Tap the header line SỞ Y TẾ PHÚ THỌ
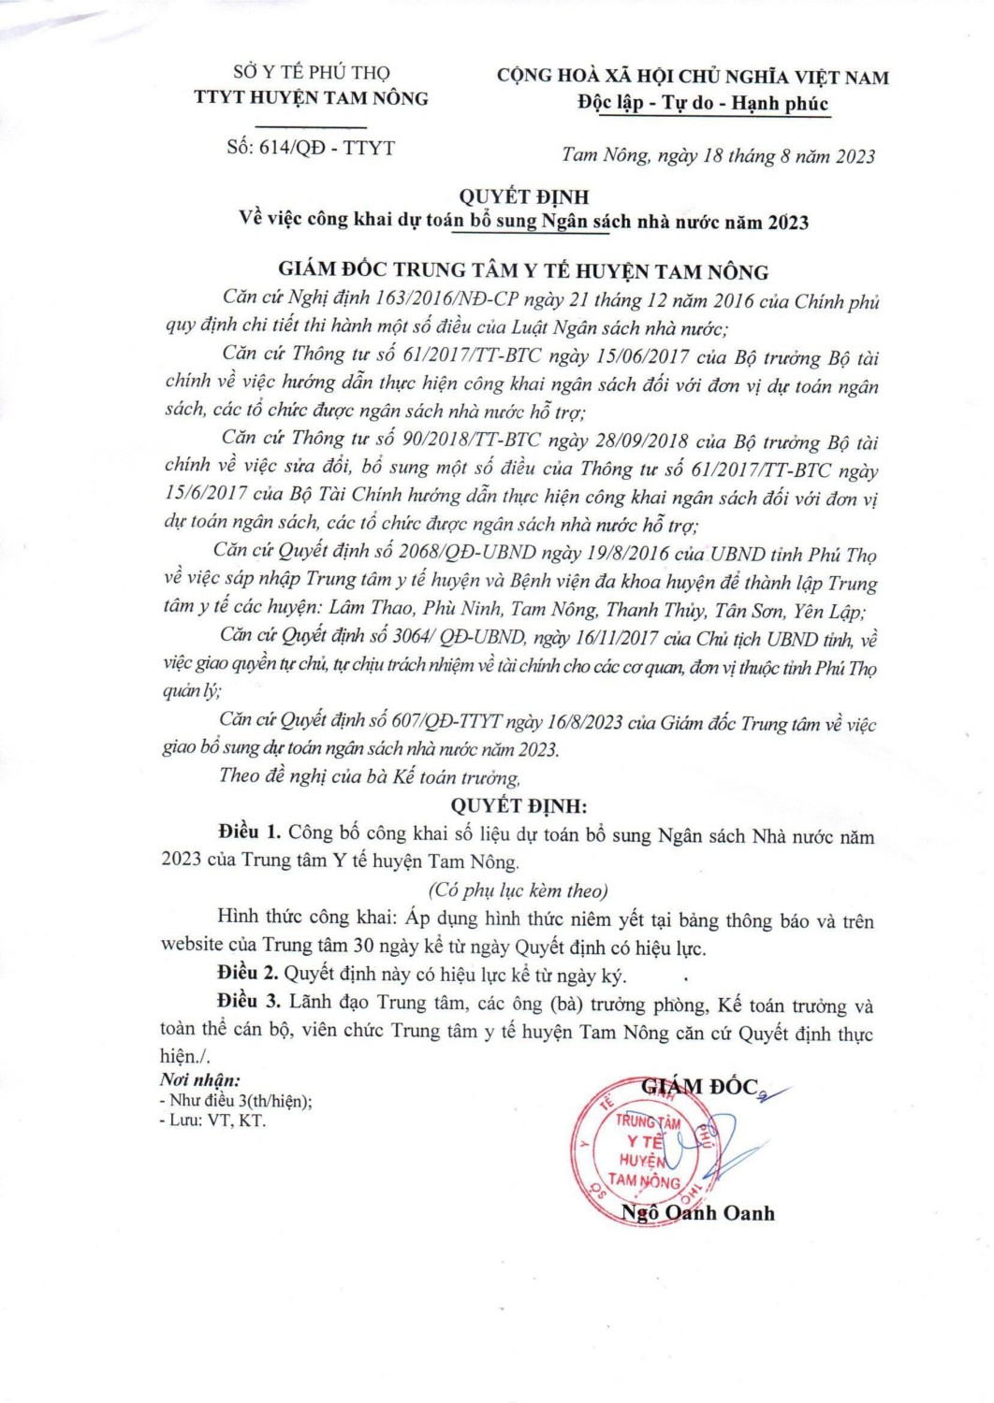pos(311,72)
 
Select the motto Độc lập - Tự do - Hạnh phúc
pos(703,103)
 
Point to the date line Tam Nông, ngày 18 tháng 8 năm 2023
pos(718,156)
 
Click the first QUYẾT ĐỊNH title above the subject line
pos(523,196)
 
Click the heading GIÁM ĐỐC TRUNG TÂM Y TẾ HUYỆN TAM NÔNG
pos(523,271)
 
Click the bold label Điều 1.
pos(249,832)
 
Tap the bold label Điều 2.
pos(248,975)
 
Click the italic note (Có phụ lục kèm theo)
pos(518,890)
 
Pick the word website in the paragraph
pos(192,946)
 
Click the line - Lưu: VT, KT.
pos(213,1121)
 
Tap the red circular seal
pos(645,1151)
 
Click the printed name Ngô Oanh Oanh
pos(698,1213)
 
